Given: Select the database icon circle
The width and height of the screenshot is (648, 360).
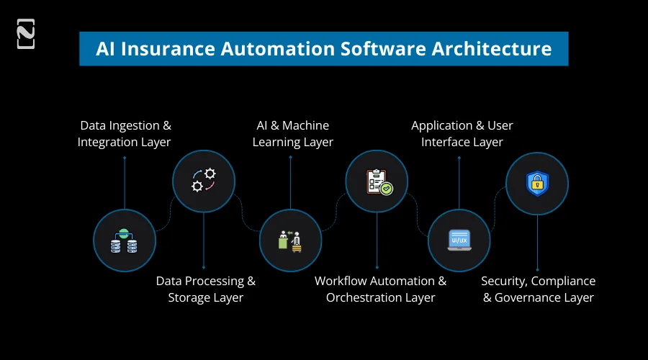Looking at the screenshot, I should [x=124, y=240].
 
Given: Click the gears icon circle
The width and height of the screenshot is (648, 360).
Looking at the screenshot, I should [x=203, y=180].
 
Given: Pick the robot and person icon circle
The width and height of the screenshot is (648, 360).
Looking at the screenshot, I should [x=290, y=240].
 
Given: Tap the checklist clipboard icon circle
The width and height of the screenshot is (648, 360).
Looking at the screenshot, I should [x=377, y=180].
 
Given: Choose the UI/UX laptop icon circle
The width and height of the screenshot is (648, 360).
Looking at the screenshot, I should [x=459, y=240].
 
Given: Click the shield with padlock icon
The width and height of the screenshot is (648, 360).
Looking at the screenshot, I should [x=537, y=183].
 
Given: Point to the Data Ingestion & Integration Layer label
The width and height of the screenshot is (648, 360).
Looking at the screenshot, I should [x=125, y=134].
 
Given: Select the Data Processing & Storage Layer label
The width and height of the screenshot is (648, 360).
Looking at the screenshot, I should [x=206, y=289].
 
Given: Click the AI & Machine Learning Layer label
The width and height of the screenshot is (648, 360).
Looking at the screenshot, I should [x=292, y=134].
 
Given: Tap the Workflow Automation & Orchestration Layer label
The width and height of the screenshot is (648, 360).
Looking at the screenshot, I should [x=380, y=289].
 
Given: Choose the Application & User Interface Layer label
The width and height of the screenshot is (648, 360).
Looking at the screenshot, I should [x=462, y=134].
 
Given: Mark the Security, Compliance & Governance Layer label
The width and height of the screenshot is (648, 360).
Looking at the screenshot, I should [x=538, y=289].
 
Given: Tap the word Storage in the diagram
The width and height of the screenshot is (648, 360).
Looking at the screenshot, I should [x=190, y=297].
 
